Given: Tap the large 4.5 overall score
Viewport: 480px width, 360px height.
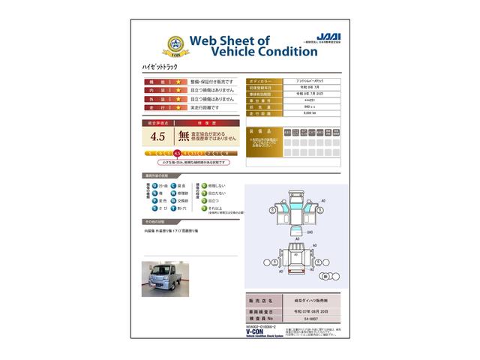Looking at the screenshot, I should click(158, 136).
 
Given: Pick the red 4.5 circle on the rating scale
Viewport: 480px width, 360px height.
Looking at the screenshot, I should click(177, 153).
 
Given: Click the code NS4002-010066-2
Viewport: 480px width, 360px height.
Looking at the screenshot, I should click(262, 327).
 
